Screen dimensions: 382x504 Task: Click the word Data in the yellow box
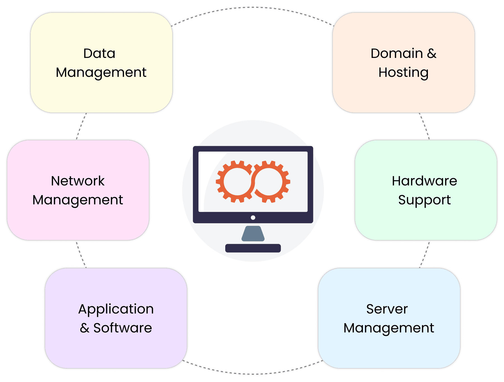tap(99, 53)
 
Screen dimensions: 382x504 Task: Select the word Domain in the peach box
tap(397, 53)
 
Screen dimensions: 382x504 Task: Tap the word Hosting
tap(403, 73)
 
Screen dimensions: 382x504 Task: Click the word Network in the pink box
tap(78, 181)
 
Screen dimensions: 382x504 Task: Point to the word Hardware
tap(424, 181)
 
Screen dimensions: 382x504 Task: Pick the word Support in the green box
tap(424, 200)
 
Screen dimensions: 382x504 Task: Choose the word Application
tap(116, 309)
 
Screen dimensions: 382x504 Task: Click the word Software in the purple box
tap(123, 328)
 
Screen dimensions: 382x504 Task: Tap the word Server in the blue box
tap(387, 309)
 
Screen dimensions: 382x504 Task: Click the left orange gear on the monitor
tap(234, 182)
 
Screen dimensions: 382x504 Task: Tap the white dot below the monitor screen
tap(253, 217)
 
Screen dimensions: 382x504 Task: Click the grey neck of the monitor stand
tap(253, 234)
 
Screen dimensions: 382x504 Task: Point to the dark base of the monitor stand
tap(253, 248)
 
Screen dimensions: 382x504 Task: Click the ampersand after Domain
tap(432, 53)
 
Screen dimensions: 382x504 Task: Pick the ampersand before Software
tap(85, 328)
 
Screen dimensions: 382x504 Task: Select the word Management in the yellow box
tap(101, 73)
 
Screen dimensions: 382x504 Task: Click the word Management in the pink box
tap(78, 200)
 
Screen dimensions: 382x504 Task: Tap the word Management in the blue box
tap(389, 328)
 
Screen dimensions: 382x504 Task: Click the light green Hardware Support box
tap(426, 223)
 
